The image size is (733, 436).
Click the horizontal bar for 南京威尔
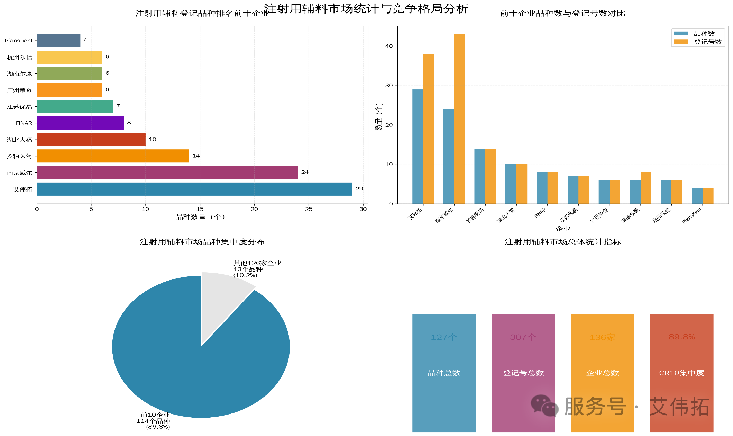pos(167,172)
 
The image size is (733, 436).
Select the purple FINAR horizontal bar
pos(80,123)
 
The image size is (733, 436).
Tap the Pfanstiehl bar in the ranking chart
pos(58,41)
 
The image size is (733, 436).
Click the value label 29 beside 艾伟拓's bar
pos(359,189)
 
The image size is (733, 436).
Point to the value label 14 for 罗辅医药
pos(196,156)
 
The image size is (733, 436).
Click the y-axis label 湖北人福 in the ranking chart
pos(19,140)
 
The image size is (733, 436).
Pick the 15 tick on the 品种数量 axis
pos(200,209)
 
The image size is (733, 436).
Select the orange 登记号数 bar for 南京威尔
pos(459,119)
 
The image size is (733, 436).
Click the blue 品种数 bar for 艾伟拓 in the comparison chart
pos(418,146)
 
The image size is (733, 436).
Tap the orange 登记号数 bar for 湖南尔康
pos(646,188)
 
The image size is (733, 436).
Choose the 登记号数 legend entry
pos(707,42)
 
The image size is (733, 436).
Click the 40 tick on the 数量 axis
pos(389,46)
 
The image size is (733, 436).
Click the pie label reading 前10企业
pos(155,415)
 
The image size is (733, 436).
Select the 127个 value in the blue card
pos(444,337)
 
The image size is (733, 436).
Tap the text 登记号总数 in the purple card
pos(523,373)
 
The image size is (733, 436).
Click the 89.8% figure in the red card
pos(681,337)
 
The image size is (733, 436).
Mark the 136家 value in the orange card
pos(602,337)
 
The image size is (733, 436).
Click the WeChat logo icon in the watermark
pos(544,406)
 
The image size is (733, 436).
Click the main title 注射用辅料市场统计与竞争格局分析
pos(366,8)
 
